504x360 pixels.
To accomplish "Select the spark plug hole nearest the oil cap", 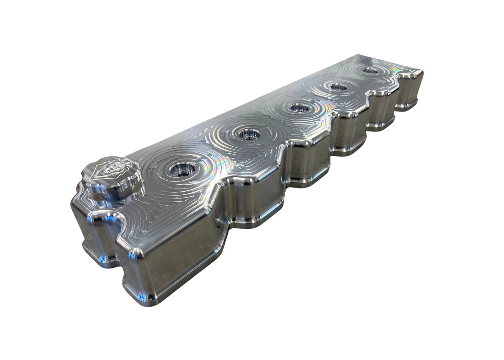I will (182, 169).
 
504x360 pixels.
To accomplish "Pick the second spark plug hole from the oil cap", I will (249, 134).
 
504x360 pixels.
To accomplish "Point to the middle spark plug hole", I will (299, 108).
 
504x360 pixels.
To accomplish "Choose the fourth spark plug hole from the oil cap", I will (338, 87).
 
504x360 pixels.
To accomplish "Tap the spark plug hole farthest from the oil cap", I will (369, 70).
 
